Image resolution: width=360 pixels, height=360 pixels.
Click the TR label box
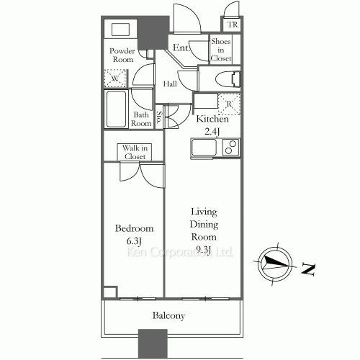coord(232,24)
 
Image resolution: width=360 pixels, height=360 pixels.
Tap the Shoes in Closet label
coord(221,50)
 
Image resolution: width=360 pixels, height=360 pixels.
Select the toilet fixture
coord(228,79)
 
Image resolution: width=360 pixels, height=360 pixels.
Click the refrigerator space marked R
coord(229,104)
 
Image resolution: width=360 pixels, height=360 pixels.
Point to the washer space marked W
coord(115,78)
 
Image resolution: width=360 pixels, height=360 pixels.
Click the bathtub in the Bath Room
coord(116,109)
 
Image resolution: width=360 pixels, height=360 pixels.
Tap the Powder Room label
coord(122,55)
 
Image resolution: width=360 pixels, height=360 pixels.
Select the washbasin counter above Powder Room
coord(120,29)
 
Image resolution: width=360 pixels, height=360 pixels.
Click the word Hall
coord(170,84)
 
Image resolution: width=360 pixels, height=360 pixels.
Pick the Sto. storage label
coord(159,117)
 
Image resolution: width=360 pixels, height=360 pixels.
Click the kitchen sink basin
coord(204,147)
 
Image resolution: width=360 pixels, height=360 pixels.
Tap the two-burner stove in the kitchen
coord(230,147)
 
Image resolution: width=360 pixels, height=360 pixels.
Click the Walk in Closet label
coord(135,152)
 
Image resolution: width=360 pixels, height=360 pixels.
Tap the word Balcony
coord(168,316)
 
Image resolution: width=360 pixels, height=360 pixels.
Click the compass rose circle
coord(275,264)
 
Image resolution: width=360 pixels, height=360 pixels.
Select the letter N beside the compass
coord(308,269)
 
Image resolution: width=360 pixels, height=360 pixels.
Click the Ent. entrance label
coord(181,48)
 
